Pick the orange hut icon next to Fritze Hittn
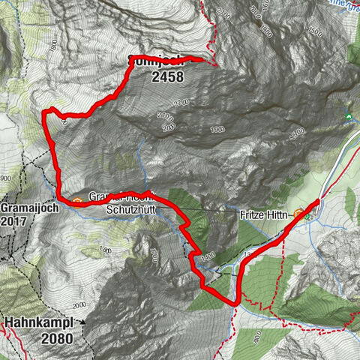click(299, 214)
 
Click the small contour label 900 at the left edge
click(6, 178)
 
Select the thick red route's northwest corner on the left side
click(46, 112)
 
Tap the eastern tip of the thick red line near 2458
click(203, 59)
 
